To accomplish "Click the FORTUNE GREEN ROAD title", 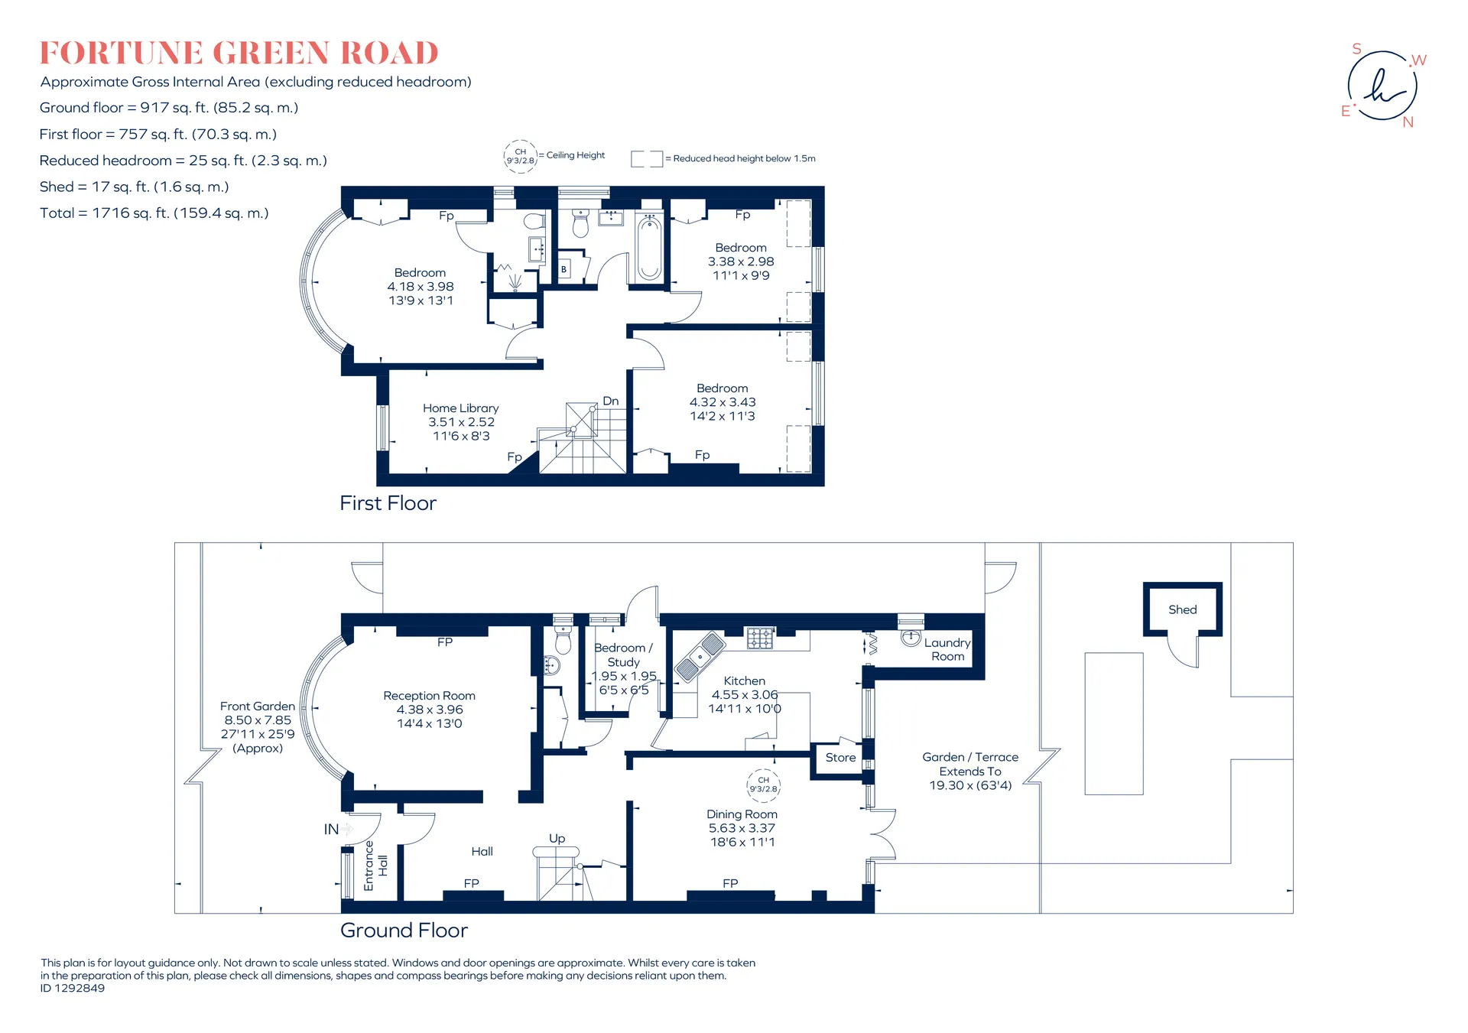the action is [x=239, y=53].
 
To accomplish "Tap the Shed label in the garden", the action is [x=1182, y=609].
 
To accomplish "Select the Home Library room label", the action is [x=461, y=408].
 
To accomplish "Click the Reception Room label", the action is [x=429, y=696].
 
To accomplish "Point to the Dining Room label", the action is [x=742, y=814].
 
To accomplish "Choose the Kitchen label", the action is [x=744, y=681].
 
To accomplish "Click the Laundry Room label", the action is [x=947, y=649].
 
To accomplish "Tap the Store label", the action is [x=840, y=758].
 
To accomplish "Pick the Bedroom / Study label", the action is [x=623, y=655].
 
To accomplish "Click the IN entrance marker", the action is [x=331, y=830].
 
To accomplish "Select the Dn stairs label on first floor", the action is [x=611, y=401].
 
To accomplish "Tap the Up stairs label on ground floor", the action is [x=557, y=839].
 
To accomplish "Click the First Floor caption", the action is [x=388, y=503].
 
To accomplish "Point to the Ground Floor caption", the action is [x=404, y=931].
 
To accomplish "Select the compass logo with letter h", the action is [x=1382, y=86].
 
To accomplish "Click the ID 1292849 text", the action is [x=73, y=988].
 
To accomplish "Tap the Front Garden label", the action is [x=258, y=707].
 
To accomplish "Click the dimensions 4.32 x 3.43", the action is [x=723, y=402].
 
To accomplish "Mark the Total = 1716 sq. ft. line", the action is [x=154, y=213].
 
